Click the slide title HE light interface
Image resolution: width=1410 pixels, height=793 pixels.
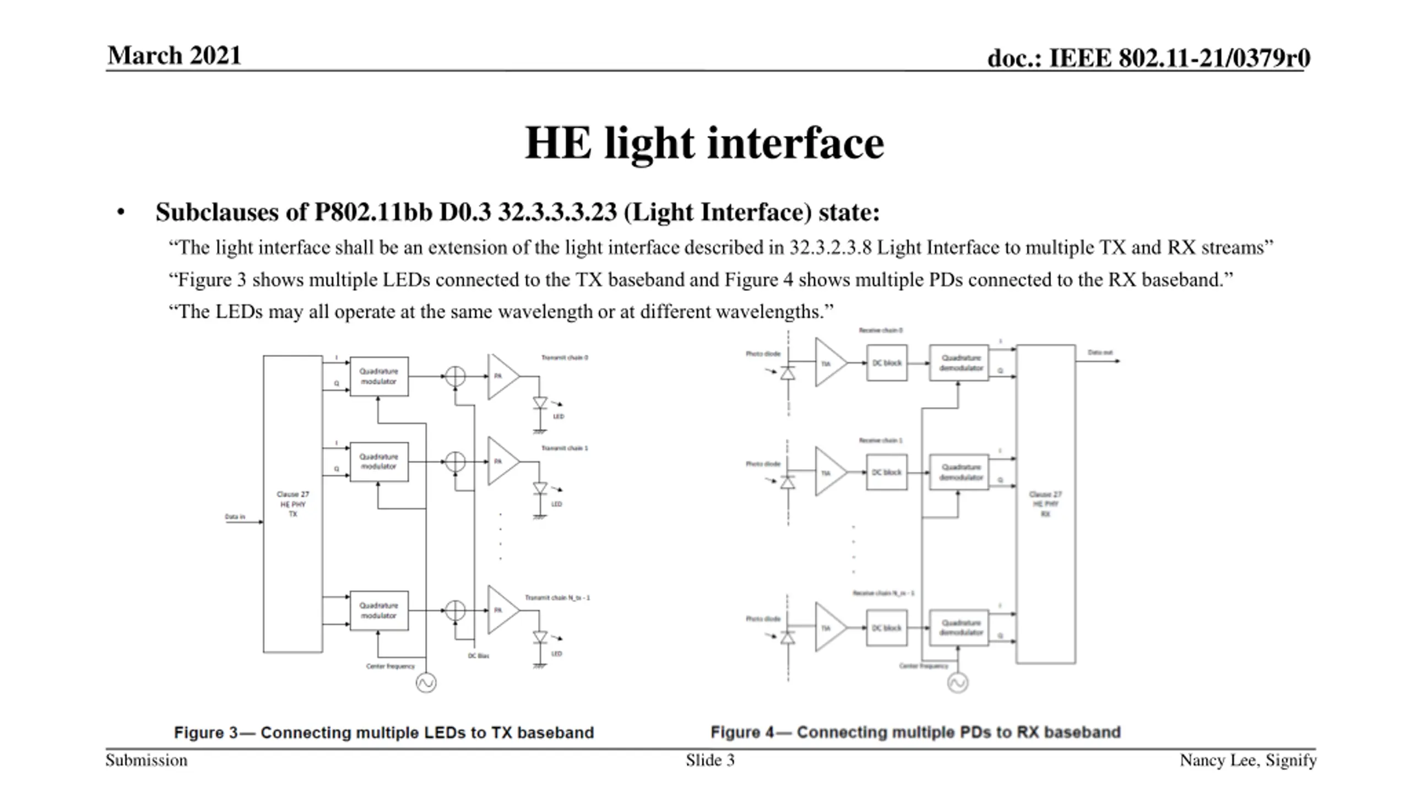coord(704,143)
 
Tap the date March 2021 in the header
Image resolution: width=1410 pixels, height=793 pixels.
coord(174,56)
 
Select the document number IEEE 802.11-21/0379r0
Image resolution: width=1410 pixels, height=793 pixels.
coord(1148,58)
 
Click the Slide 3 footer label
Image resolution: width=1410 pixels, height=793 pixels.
coord(710,761)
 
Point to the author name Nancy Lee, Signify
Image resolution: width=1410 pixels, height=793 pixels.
coord(1248,761)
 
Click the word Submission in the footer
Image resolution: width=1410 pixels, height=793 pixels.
coord(147,761)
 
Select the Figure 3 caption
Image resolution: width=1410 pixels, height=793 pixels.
coord(384,732)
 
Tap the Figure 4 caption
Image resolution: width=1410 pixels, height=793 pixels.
coord(915,732)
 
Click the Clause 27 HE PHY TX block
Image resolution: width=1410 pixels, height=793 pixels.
coord(293,504)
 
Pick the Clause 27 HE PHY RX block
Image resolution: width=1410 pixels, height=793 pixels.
coord(1045,504)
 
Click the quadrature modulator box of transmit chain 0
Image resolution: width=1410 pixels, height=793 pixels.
coord(379,376)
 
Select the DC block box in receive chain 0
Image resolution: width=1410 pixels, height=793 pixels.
coord(887,363)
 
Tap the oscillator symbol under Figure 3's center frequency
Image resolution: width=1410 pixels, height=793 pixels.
coord(426,683)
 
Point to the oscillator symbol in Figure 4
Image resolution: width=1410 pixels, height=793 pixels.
coord(958,683)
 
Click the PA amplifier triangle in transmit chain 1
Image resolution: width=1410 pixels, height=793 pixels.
coord(501,461)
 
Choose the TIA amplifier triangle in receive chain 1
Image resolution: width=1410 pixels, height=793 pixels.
coord(828,472)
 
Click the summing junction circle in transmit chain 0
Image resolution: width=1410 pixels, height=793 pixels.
coord(455,376)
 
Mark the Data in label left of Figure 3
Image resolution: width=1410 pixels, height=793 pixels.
coord(235,517)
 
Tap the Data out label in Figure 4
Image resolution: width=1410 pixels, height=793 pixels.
coord(1100,352)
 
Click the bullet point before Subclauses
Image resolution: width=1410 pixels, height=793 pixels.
coord(121,213)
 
